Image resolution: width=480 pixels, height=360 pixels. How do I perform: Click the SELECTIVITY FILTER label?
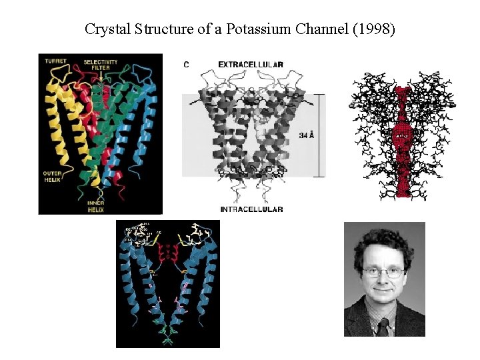(101, 65)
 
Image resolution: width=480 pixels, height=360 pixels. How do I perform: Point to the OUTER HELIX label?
(52, 177)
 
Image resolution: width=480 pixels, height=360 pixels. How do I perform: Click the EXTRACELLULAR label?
(251, 64)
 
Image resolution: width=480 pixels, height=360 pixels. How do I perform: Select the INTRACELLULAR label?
(251, 209)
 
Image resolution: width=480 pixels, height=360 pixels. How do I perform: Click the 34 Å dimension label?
(307, 135)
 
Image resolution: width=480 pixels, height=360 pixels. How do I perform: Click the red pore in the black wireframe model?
(401, 140)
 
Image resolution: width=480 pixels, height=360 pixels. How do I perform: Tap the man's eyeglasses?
(383, 272)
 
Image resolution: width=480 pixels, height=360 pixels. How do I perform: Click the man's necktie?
(383, 327)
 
